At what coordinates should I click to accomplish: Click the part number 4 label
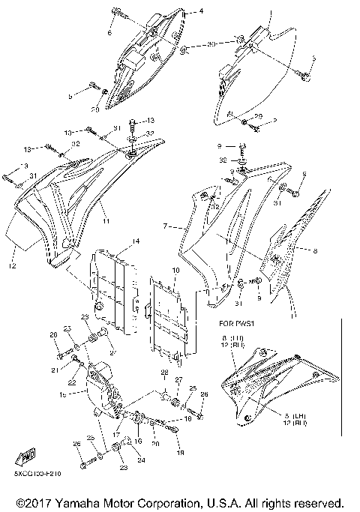(201, 13)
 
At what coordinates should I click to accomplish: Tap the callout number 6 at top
(109, 34)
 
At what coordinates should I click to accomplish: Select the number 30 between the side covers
(212, 45)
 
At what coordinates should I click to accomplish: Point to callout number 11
(106, 223)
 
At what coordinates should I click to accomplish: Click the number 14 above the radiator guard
(136, 241)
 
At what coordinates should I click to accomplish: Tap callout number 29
(258, 116)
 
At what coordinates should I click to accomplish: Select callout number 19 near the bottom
(178, 454)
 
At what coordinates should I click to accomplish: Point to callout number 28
(164, 373)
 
